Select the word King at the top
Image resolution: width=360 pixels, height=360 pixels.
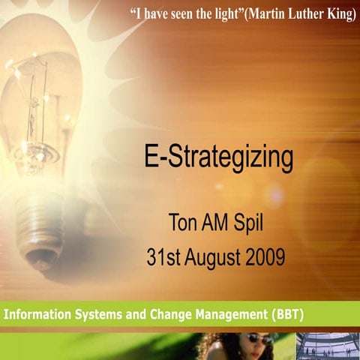(339, 16)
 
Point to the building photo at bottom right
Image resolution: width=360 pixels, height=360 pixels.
(327, 346)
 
